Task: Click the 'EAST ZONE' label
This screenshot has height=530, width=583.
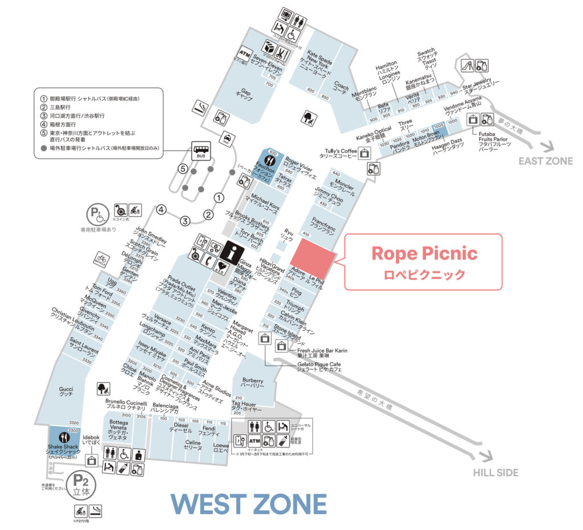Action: point(545,161)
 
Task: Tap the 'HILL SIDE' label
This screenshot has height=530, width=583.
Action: point(496,473)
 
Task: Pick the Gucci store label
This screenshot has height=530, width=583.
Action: point(66,392)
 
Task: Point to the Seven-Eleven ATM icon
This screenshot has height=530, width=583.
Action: point(245,54)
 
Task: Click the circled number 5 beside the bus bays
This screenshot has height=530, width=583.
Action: point(183,169)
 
